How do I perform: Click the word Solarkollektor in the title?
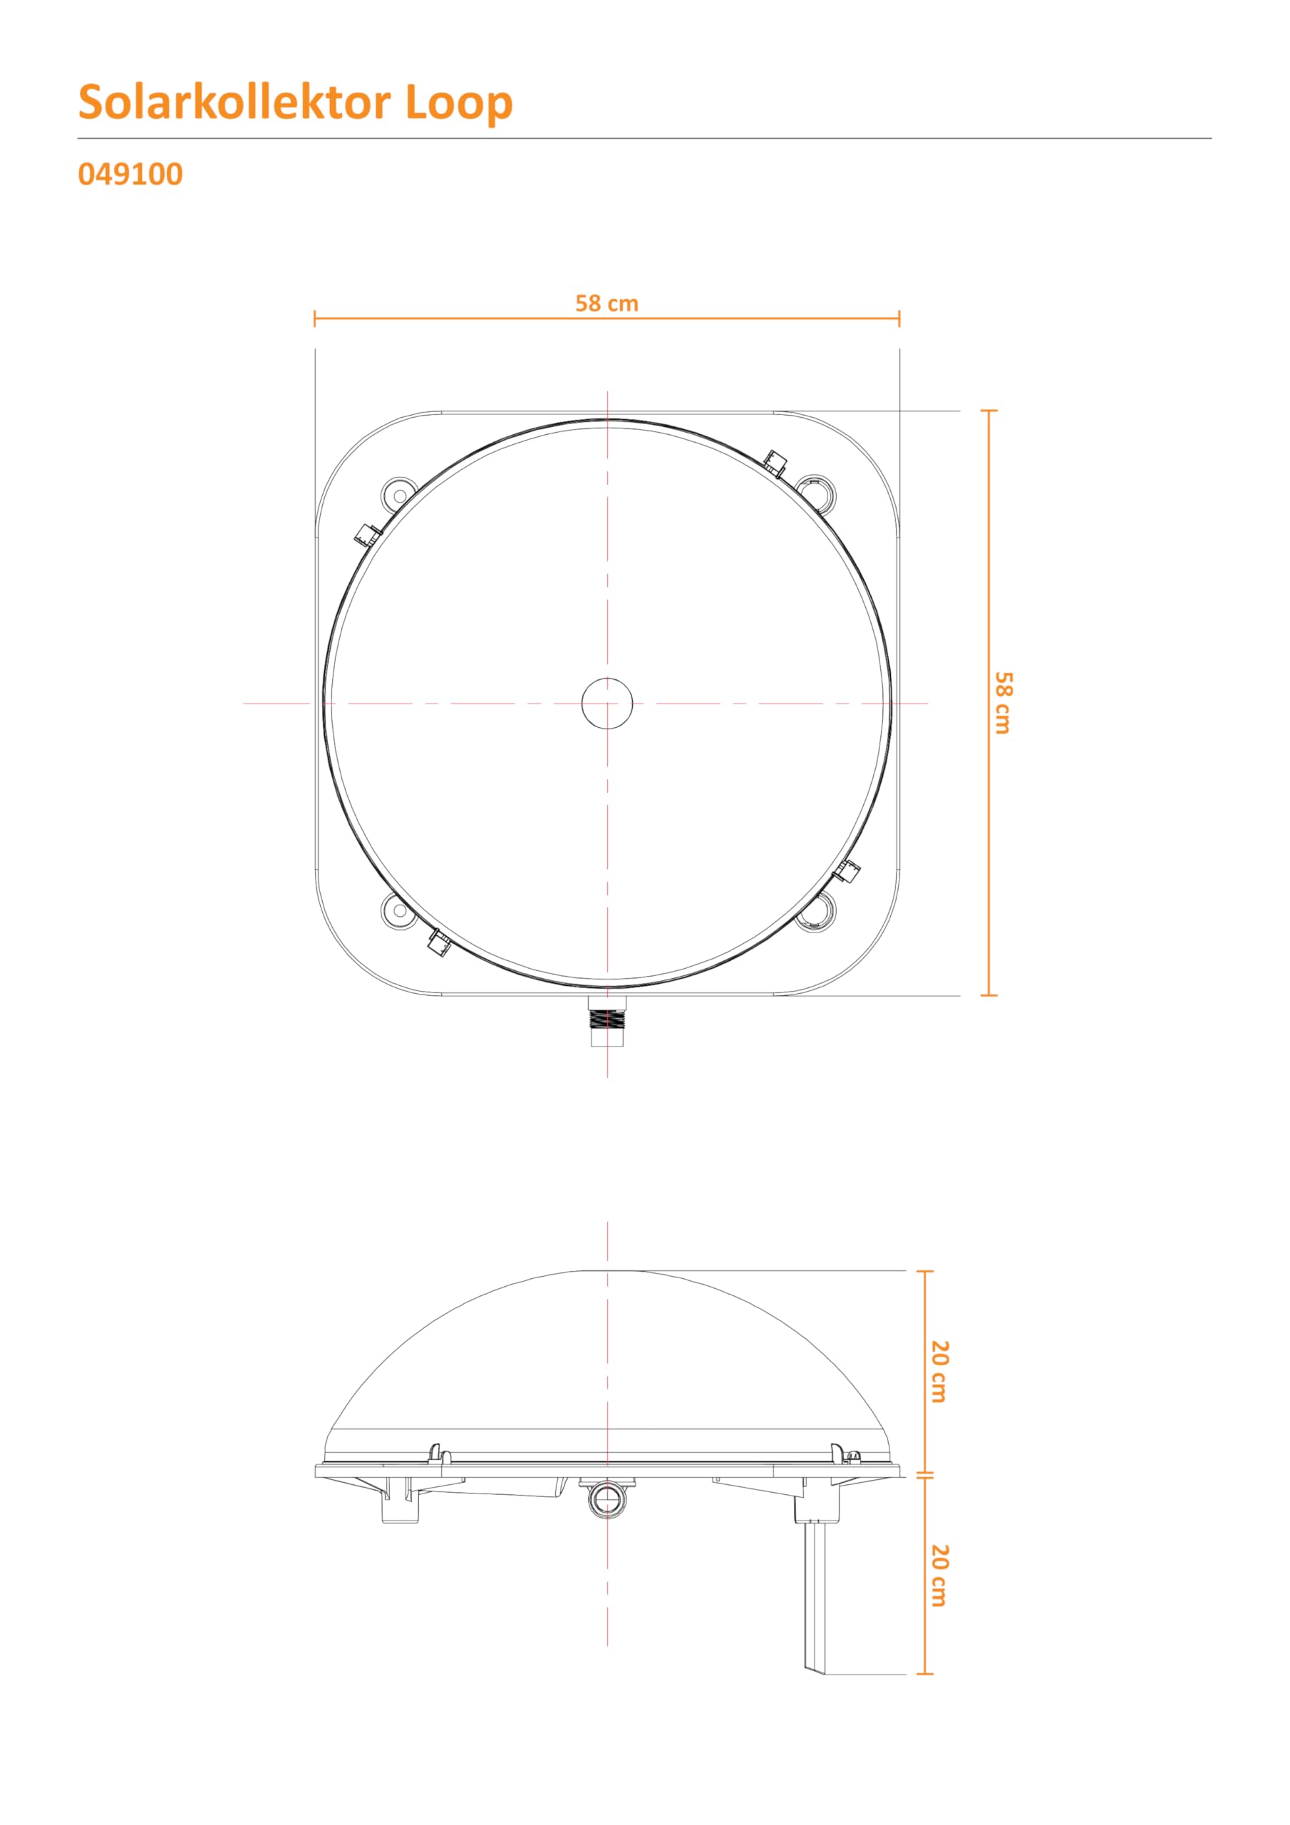point(234,102)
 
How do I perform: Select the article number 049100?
point(130,174)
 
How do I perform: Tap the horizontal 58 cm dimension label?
point(607,304)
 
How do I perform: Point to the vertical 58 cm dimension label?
point(1004,703)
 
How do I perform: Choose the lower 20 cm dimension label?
point(939,1575)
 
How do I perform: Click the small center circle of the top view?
point(607,703)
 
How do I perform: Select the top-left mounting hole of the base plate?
point(400,495)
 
